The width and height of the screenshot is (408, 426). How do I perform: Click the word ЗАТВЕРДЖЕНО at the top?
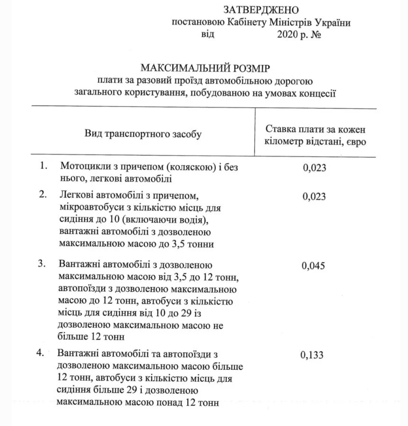coord(261,10)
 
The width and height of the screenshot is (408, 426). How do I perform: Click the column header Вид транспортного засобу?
coord(143,135)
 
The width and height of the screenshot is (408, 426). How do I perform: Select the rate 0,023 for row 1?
coord(314,167)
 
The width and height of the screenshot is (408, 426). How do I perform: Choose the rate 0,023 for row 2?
coord(314,196)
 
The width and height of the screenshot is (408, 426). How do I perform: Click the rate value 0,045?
coord(313,265)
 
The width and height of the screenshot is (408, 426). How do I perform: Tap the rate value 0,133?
coord(312,355)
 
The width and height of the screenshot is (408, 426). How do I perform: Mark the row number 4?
coord(41,354)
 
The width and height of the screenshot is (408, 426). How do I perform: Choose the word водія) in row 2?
coord(193,220)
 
